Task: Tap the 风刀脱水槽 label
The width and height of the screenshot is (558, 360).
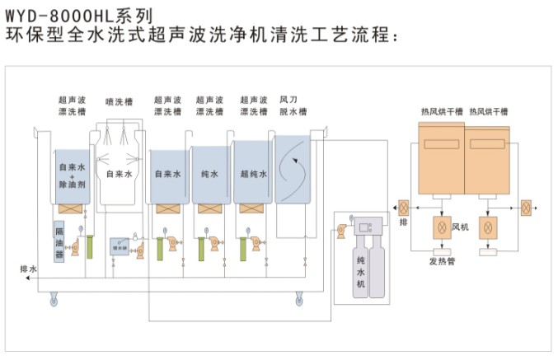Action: click(293, 105)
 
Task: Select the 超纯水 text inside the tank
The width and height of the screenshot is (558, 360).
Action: click(253, 175)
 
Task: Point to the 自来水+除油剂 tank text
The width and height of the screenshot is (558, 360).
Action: click(73, 174)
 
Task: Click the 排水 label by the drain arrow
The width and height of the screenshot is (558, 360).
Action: click(27, 269)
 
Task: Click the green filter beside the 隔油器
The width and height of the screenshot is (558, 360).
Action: click(88, 247)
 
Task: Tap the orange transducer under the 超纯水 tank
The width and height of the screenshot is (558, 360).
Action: click(251, 209)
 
